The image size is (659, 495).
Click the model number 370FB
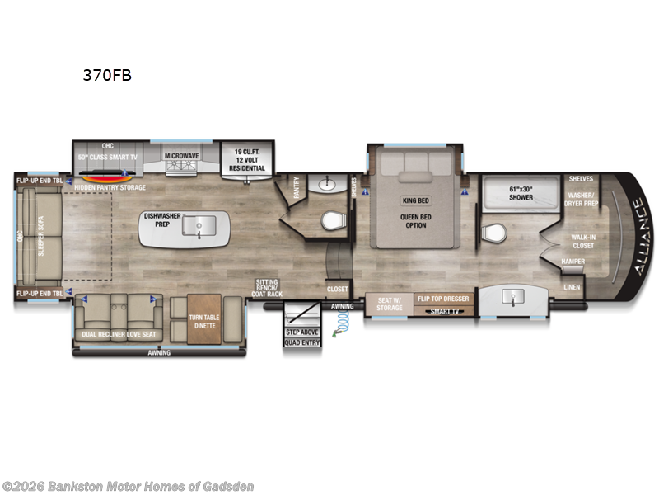click(x=106, y=75)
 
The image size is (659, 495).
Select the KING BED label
click(x=416, y=200)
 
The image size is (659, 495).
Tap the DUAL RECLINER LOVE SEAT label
click(x=119, y=334)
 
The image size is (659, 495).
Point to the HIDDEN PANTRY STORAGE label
click(x=110, y=188)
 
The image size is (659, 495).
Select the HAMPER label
click(x=573, y=262)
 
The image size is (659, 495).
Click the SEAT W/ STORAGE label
click(x=390, y=303)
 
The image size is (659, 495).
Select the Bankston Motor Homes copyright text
click(x=129, y=486)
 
